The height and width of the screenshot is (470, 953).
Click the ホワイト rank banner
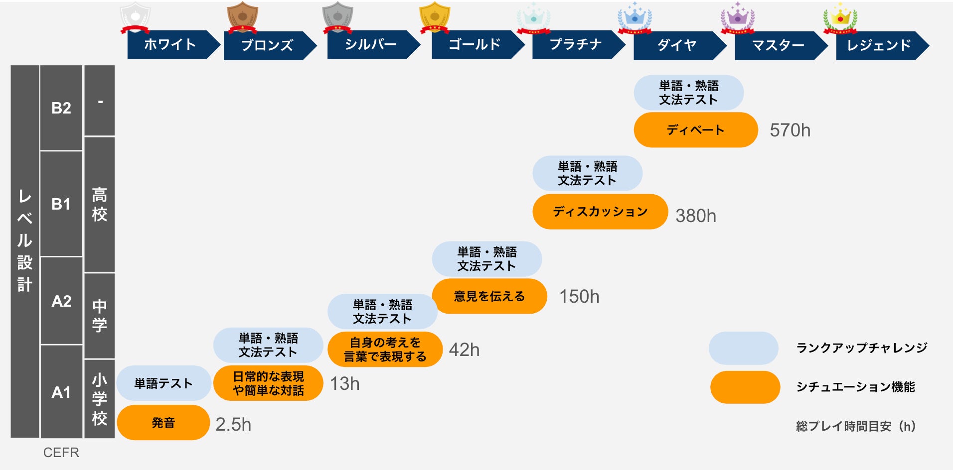[170, 45]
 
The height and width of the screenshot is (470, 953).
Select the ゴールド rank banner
[475, 45]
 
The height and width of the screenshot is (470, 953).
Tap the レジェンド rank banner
[879, 45]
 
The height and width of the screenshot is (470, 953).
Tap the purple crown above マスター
[738, 17]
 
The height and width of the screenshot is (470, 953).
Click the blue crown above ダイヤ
[635, 17]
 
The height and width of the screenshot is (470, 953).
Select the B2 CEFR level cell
[61, 108]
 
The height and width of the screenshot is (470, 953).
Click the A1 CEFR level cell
[61, 392]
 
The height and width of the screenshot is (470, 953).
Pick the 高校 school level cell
[100, 204]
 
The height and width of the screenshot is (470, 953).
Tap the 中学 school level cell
[100, 315]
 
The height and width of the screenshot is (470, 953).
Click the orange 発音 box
[163, 423]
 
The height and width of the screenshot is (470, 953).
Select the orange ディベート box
[695, 130]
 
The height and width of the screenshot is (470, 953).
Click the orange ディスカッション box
[600, 212]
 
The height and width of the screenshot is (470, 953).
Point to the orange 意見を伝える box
[489, 296]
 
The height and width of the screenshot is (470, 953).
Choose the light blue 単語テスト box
[163, 383]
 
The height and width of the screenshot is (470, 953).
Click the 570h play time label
[790, 130]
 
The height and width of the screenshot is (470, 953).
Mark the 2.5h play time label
[233, 424]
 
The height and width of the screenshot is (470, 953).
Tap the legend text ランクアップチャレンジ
[862, 348]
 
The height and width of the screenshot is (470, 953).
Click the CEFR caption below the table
[61, 452]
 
